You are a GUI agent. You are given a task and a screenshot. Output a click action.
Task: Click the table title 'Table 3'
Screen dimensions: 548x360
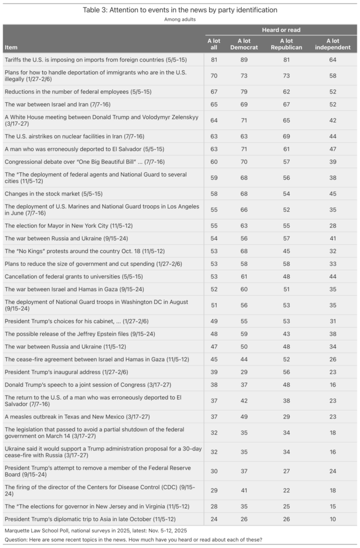pos(180,10)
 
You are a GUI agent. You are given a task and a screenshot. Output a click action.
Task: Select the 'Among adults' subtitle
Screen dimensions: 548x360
pos(180,19)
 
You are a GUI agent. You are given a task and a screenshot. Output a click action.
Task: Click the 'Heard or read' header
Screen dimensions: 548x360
pos(281,30)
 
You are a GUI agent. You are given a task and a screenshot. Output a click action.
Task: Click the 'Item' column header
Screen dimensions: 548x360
pos(11,47)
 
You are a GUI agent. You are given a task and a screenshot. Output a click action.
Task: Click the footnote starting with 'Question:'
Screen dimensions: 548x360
pos(134,539)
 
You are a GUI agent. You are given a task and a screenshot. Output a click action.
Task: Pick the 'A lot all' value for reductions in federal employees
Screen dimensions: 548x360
pos(214,92)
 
